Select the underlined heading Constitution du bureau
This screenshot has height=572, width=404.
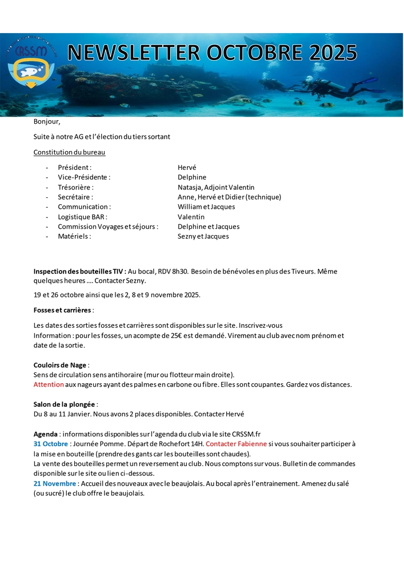coord(69,152)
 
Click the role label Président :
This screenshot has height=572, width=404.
coord(75,168)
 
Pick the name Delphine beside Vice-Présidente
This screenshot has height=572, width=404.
coord(192,177)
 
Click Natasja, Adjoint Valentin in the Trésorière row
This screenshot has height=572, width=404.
coord(216,187)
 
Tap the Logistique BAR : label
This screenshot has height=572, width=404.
coord(82,217)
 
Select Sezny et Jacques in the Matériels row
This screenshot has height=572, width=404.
coord(203,236)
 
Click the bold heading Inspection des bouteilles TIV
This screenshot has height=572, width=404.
coord(78,271)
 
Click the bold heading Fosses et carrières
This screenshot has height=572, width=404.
coord(62,310)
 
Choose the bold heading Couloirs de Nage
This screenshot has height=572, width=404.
coord(60,365)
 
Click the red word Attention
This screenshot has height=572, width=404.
coord(49,384)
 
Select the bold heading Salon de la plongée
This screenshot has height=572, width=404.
coord(64,404)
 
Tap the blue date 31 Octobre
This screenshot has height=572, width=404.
coord(50,444)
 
